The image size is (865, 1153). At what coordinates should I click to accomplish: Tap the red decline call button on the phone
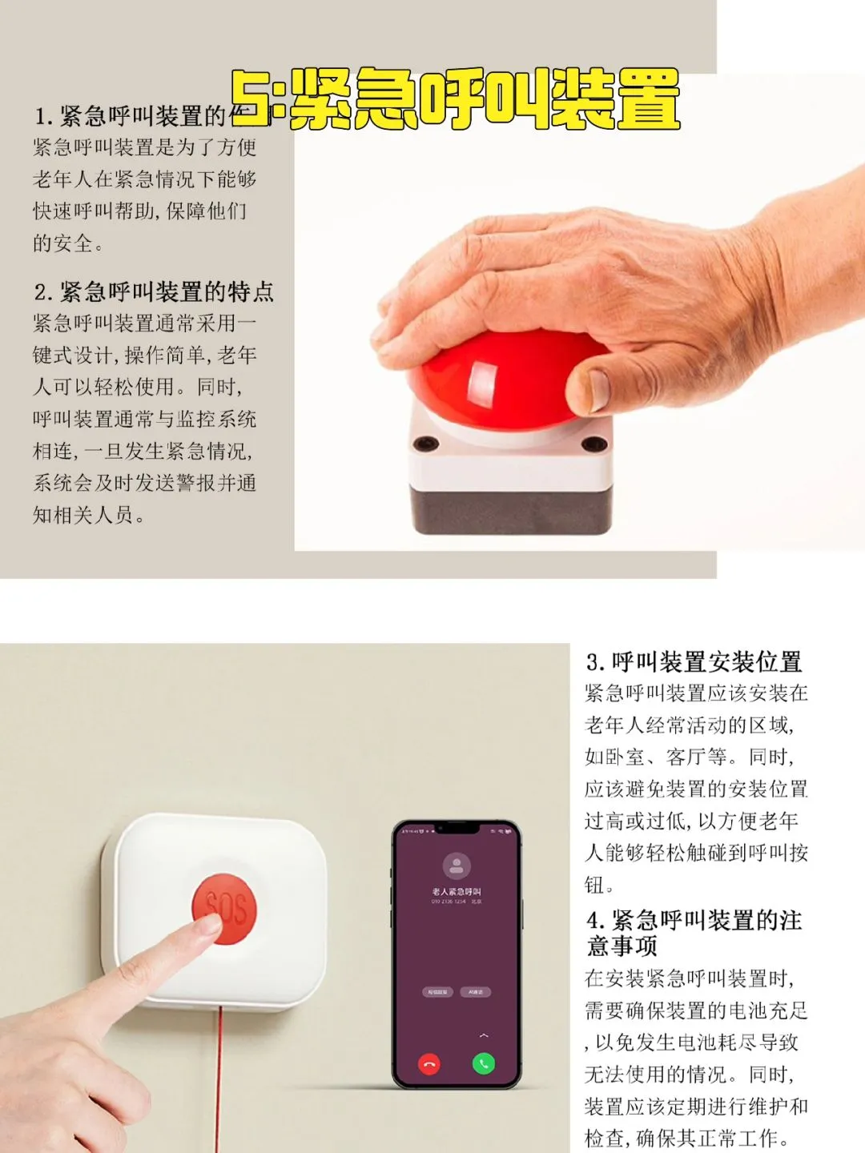point(429,1064)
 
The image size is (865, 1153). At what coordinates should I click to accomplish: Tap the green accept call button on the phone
point(484,1064)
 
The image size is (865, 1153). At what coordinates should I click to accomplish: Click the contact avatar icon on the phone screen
point(457,866)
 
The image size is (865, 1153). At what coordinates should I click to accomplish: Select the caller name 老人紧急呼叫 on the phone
point(457,892)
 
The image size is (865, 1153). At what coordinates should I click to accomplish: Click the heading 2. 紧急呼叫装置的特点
point(154,292)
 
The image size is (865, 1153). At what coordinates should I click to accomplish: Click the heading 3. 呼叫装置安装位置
point(694,663)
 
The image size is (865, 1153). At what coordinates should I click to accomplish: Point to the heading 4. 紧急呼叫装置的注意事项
point(694,933)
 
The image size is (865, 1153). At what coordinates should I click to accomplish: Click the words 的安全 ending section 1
point(62,243)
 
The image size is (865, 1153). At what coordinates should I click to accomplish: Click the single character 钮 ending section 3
point(594,886)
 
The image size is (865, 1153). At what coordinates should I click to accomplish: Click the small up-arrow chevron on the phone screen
point(484,1035)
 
